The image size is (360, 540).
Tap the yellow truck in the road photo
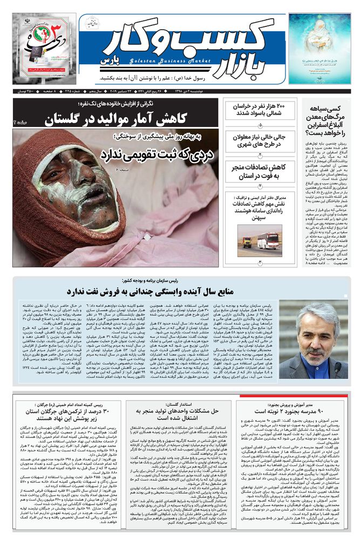247,242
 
